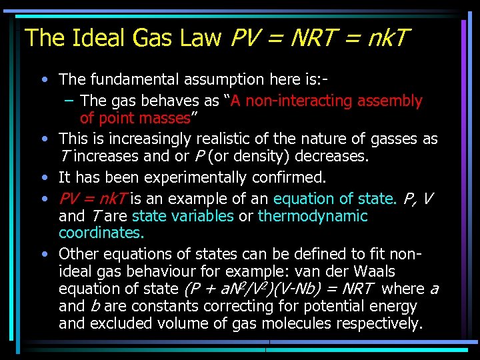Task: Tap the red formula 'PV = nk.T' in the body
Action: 93,199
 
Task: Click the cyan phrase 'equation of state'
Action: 334,199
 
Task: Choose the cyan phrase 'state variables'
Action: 183,216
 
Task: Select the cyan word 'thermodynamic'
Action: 313,216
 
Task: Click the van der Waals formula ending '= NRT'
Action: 277,289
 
